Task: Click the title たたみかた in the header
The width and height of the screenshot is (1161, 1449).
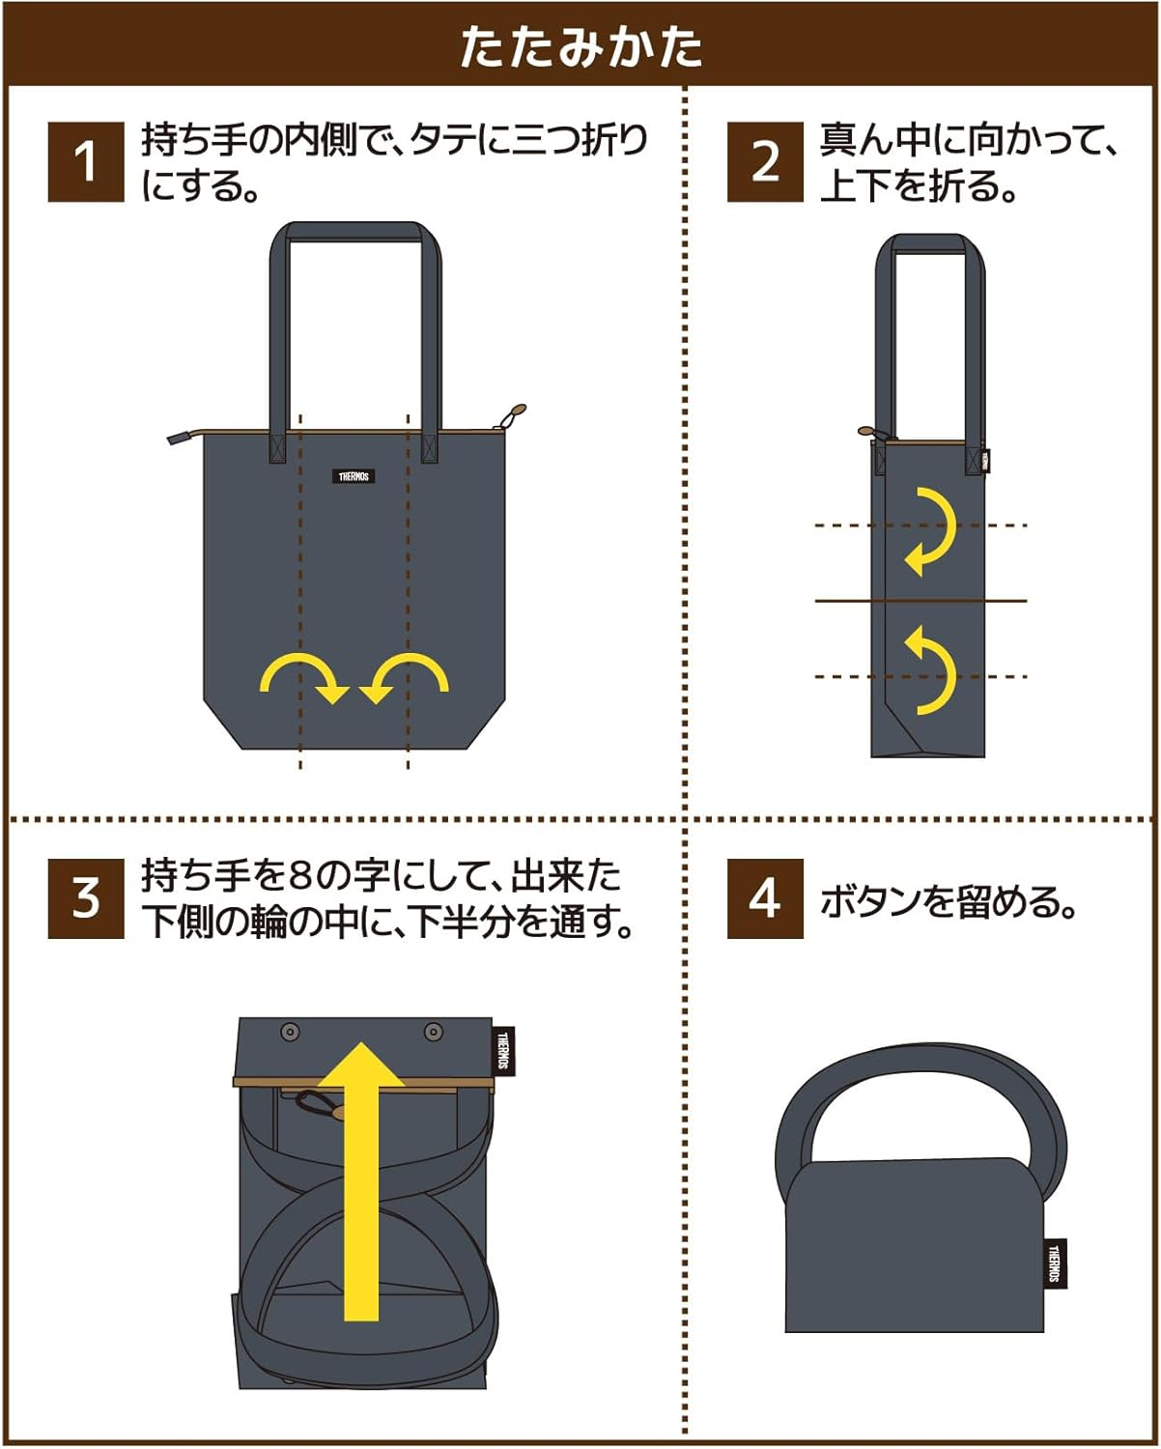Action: [580, 45]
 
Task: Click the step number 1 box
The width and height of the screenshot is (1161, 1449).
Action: [86, 161]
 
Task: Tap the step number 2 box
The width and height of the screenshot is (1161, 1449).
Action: [765, 161]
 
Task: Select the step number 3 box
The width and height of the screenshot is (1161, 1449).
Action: [86, 898]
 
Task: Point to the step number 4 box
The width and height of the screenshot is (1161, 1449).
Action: [765, 898]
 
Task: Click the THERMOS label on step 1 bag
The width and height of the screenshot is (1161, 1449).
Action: [354, 476]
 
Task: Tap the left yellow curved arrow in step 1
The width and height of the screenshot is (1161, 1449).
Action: [303, 676]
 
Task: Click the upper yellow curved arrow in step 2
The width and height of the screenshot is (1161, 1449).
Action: [929, 531]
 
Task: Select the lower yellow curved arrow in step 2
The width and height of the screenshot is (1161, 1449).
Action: [929, 669]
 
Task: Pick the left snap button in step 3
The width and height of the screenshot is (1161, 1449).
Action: [290, 1033]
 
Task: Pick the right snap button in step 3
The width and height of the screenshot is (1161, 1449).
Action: [434, 1033]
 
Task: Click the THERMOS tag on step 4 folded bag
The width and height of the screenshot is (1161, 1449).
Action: [1055, 1263]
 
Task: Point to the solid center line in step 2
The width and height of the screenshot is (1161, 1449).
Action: [920, 601]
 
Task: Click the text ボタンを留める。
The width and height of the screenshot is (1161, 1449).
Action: [948, 901]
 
